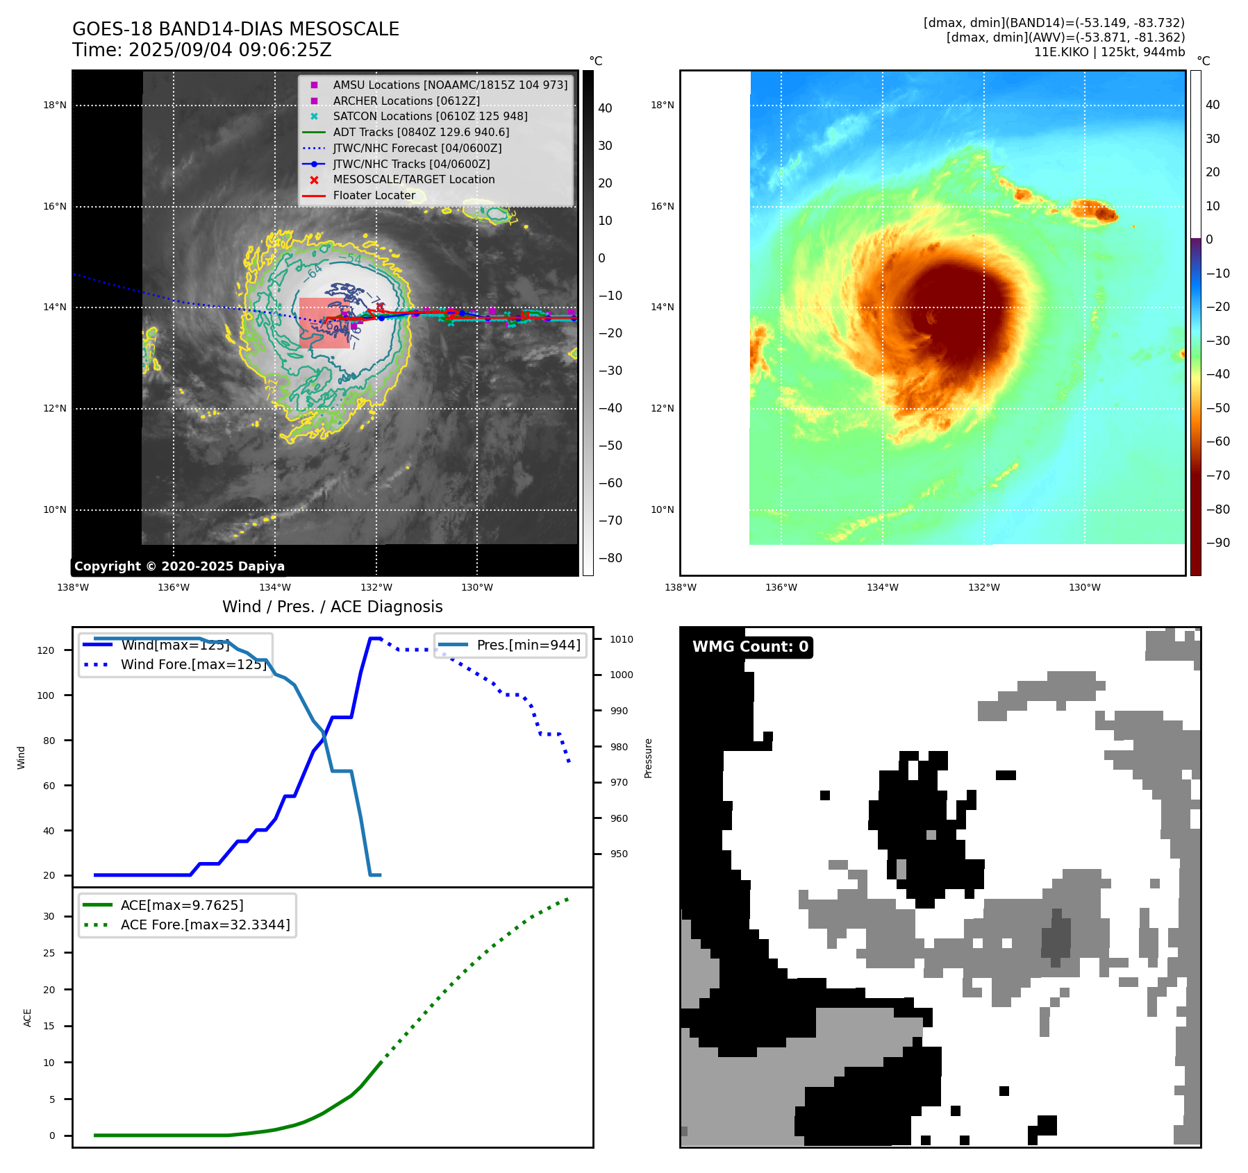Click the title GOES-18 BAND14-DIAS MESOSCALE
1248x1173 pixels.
(235, 29)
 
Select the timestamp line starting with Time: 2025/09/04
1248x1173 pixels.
(201, 50)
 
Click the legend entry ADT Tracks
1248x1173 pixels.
(421, 132)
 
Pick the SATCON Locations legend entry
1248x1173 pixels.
(430, 116)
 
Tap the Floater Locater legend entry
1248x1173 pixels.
(374, 195)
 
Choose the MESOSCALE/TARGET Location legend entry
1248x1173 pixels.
(414, 179)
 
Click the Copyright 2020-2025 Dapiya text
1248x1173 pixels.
(179, 566)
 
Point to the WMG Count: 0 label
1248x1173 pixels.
(750, 647)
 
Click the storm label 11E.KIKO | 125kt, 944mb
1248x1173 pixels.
(1109, 52)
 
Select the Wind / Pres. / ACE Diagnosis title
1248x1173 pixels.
(332, 607)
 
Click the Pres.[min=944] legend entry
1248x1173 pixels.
(529, 645)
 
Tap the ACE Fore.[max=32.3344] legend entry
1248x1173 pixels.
(205, 925)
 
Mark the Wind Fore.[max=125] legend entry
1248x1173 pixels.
(193, 664)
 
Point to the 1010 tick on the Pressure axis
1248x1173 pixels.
(622, 639)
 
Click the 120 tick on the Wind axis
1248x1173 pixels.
(45, 650)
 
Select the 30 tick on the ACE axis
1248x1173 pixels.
(49, 916)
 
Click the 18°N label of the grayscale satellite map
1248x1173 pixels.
(55, 106)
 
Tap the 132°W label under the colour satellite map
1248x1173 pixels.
(983, 587)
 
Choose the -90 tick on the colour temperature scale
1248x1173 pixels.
(1217, 543)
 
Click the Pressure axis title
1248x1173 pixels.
(648, 758)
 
